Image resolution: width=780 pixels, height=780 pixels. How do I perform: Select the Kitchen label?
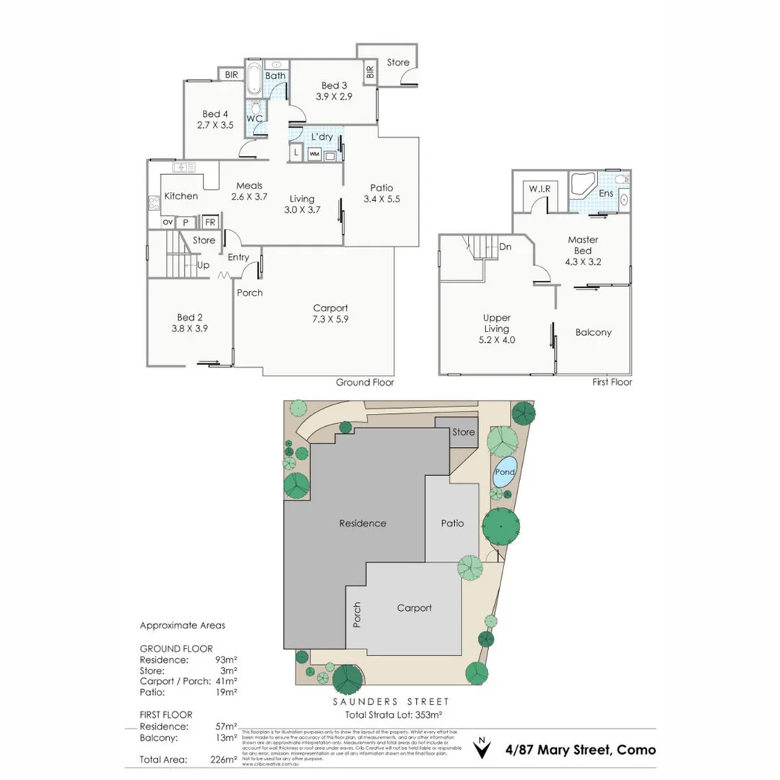coord(181,196)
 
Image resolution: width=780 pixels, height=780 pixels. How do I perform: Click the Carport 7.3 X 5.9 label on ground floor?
coord(331,313)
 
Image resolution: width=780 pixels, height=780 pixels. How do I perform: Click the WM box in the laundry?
coord(314,154)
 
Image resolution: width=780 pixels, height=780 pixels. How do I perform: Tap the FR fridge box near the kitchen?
coord(209,222)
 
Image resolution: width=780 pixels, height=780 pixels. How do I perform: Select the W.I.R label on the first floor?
coord(539,188)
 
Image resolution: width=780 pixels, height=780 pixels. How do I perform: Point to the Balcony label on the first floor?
coord(594,332)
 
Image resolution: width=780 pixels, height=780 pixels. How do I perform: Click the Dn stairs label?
coord(506,246)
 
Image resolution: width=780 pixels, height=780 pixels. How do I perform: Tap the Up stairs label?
coord(204,265)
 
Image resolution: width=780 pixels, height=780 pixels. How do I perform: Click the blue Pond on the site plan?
coord(505,472)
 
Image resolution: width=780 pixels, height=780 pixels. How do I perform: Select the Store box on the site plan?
coord(463,432)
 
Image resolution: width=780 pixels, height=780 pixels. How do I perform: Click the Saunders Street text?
coord(391,701)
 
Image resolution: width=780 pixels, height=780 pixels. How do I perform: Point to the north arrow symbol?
coord(480,748)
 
